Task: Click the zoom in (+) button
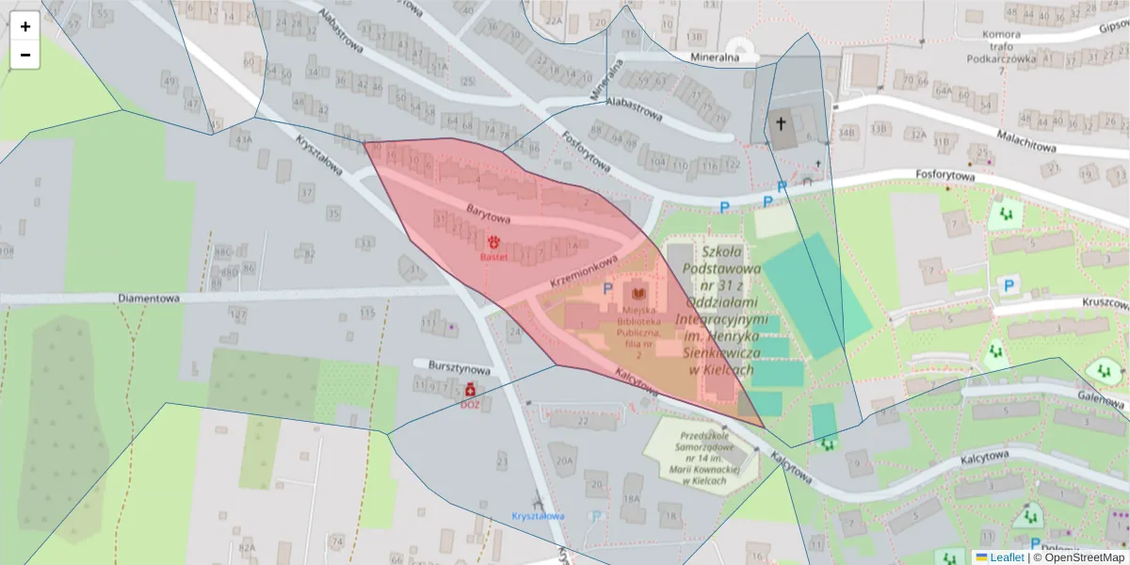coord(25,26)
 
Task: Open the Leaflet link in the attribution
coord(1006,557)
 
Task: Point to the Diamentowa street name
coord(149,299)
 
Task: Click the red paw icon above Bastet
coord(493,242)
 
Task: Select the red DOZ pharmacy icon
coord(470,389)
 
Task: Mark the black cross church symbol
coord(781,122)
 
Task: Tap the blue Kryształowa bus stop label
coord(538,516)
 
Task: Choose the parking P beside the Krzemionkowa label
coord(607,289)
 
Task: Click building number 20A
coord(564,460)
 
